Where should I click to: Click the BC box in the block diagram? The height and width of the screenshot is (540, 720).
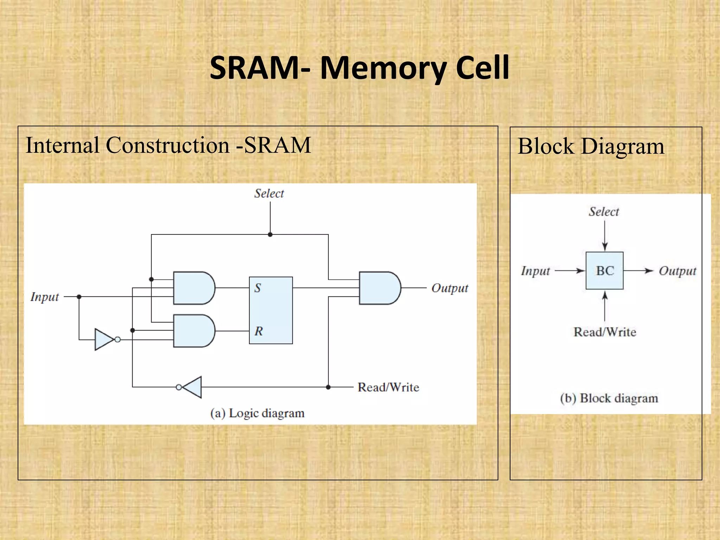point(604,270)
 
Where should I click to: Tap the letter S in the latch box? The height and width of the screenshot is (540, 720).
point(258,288)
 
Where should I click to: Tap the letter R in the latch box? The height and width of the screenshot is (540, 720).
point(259,331)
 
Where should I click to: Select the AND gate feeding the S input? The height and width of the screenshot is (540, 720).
point(193,288)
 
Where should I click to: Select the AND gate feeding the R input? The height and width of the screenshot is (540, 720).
point(193,331)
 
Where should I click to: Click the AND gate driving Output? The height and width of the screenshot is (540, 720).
point(379,288)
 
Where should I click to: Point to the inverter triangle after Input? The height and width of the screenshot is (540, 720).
point(103,340)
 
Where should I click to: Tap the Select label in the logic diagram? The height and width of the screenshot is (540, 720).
point(269,193)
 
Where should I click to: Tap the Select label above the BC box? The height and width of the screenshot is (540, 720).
point(604,212)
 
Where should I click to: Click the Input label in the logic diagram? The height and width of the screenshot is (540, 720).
point(45,297)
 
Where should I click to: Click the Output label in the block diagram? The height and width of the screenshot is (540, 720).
point(677,271)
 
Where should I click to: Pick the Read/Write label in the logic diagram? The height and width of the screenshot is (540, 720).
point(388,387)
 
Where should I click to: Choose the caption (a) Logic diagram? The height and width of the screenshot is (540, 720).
point(257,413)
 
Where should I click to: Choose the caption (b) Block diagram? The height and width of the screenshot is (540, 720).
point(609,398)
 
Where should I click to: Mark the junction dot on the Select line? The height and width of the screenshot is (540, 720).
point(270,234)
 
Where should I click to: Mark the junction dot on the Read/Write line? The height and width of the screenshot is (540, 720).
point(328,387)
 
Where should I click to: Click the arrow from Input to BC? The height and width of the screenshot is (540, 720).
point(570,271)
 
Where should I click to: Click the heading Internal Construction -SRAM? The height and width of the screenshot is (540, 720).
point(168,145)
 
